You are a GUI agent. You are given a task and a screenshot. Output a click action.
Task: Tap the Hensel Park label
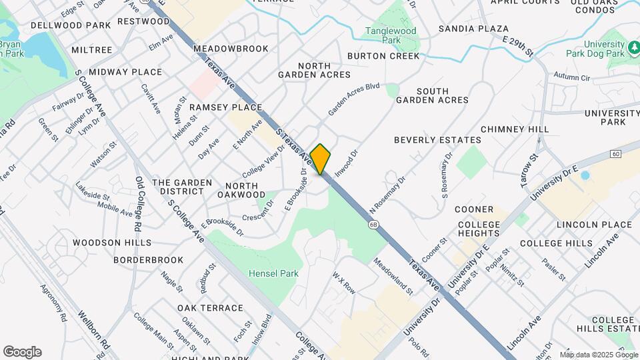(x=273, y=273)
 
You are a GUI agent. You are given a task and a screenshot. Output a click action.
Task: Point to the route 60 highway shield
(x=615, y=154)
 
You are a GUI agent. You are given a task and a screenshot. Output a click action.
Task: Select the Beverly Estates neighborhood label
(x=437, y=140)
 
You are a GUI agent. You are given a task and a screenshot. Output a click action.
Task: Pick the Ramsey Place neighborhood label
(x=225, y=107)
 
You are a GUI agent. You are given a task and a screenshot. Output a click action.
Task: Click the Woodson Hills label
(x=112, y=243)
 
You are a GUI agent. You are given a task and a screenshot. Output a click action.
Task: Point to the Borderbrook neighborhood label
(x=148, y=259)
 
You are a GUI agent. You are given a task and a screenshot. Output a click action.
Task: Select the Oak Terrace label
(x=210, y=308)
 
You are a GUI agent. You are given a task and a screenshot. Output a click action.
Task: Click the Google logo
(x=22, y=352)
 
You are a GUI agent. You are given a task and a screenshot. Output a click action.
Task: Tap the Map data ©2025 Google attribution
(x=599, y=355)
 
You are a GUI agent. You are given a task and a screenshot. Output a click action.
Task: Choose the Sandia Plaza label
(x=473, y=29)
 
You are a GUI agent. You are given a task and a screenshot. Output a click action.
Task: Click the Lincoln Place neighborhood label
(x=588, y=225)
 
